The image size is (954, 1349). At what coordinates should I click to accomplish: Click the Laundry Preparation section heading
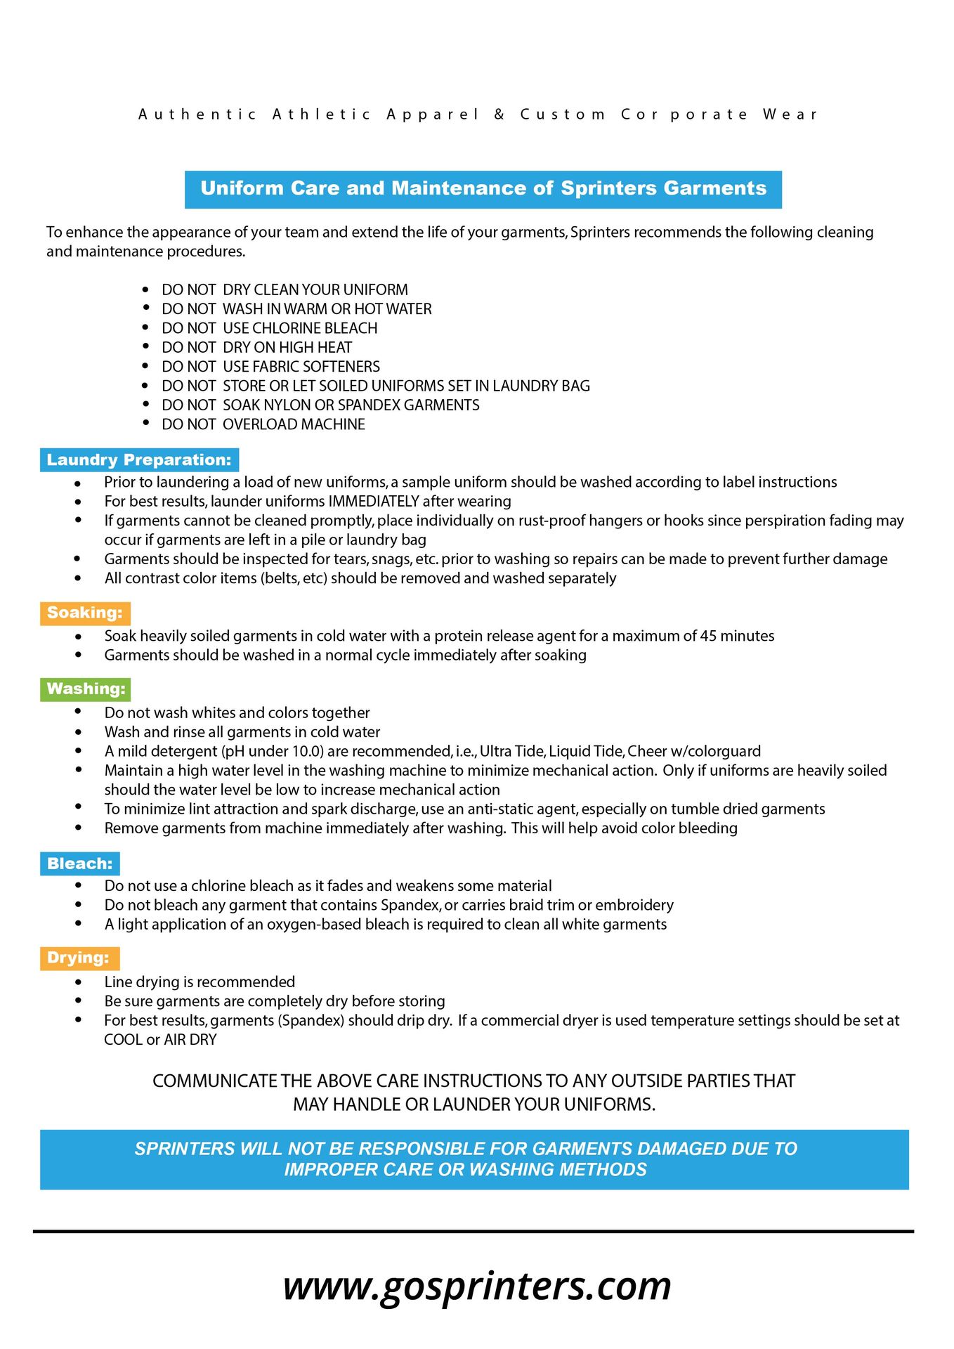tap(139, 460)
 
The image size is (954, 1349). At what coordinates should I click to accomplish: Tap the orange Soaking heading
tap(85, 613)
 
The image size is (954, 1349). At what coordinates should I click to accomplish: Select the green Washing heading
tap(86, 689)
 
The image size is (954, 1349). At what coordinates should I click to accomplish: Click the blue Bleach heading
tap(80, 864)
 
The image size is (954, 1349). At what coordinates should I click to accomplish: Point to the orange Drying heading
tap(79, 958)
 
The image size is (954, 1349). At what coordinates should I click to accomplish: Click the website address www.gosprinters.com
tap(477, 1286)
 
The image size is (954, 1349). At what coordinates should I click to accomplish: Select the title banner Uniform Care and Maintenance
tap(483, 188)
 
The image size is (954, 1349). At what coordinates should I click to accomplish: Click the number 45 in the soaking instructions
tap(708, 636)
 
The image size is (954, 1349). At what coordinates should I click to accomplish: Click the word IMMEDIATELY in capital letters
tap(373, 502)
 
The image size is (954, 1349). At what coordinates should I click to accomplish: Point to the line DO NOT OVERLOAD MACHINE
tap(263, 424)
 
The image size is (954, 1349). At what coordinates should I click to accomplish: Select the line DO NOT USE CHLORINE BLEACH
tap(270, 328)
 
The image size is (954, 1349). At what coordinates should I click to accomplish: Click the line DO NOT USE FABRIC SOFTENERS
tap(270, 367)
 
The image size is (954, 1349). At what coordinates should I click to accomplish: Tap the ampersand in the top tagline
tap(499, 115)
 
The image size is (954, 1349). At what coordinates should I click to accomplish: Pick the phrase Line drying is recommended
tap(200, 982)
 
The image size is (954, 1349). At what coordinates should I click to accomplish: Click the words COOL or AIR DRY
tap(160, 1040)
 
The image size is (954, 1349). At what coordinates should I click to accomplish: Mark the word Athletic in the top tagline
tap(322, 115)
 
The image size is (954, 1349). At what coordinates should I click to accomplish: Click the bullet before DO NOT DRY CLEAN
tap(145, 289)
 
